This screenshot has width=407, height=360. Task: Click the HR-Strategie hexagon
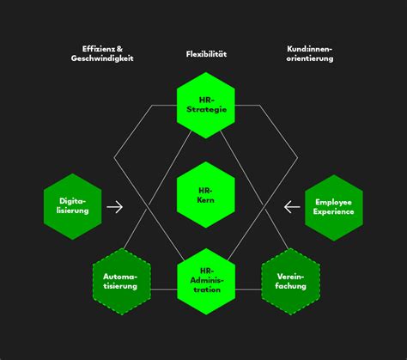[205, 106]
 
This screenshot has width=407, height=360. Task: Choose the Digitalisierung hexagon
[72, 206]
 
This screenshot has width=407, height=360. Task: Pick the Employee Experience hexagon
[334, 206]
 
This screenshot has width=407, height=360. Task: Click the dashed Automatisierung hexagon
[121, 280]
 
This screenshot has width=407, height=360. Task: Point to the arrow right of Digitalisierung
[115, 206]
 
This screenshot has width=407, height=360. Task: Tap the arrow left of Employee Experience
[292, 206]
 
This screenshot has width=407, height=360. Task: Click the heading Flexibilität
[206, 54]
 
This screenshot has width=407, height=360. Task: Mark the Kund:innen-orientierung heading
[310, 54]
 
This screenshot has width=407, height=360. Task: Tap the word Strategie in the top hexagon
[206, 111]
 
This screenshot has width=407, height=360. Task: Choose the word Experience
[334, 211]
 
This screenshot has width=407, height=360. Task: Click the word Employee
[334, 201]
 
